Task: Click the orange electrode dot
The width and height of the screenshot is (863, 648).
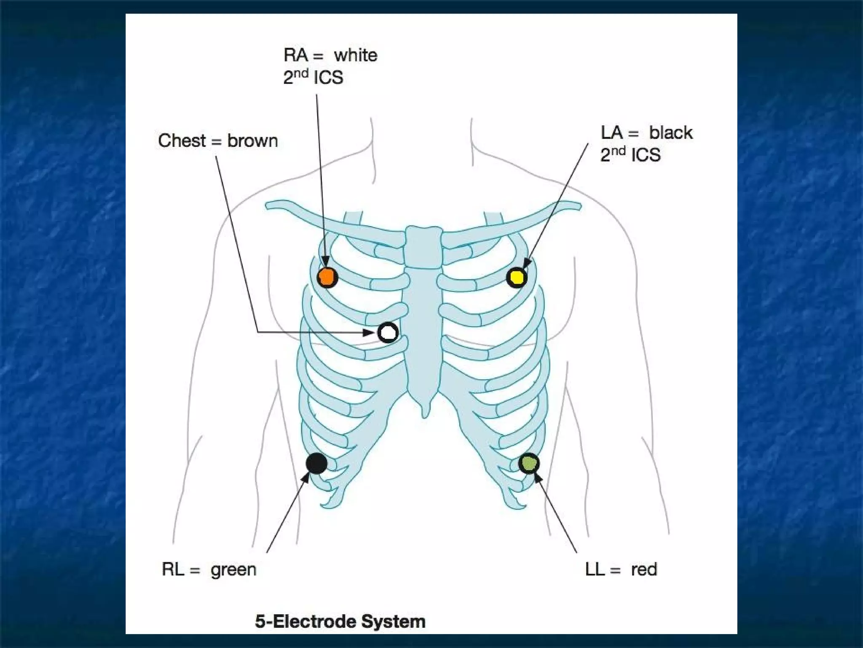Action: click(327, 277)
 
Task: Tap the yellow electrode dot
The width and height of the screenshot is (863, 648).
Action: click(517, 277)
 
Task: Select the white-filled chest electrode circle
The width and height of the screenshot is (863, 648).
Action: click(388, 332)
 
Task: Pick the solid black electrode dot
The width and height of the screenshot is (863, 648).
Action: click(316, 463)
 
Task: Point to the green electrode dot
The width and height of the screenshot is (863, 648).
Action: click(529, 463)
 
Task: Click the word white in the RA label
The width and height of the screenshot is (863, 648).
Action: click(356, 55)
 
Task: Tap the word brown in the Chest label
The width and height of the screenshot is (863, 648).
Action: click(252, 141)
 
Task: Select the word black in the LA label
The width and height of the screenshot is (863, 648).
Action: click(670, 133)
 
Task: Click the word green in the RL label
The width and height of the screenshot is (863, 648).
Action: click(233, 570)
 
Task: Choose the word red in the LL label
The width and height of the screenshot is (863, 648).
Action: click(644, 570)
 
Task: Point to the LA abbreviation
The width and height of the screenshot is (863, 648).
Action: click(611, 133)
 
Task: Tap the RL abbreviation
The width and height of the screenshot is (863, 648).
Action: click(173, 570)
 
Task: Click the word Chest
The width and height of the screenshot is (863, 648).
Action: click(182, 141)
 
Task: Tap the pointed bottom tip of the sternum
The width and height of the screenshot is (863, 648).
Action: click(425, 416)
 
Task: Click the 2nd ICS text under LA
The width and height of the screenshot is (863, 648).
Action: click(630, 155)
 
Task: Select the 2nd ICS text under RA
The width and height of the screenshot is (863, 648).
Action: click(313, 77)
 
